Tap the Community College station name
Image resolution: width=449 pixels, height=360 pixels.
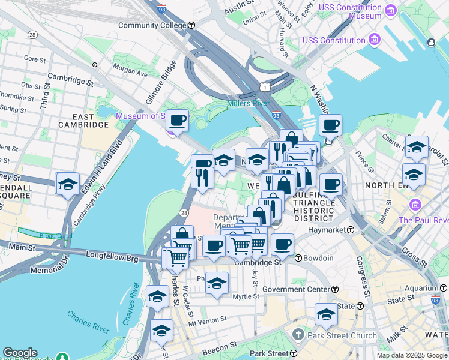tap(152, 25)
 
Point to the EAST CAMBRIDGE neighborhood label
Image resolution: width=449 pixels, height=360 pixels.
tap(84, 121)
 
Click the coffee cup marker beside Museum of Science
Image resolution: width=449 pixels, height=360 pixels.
tap(177, 120)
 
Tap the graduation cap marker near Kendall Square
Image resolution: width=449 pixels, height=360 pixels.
tap(68, 184)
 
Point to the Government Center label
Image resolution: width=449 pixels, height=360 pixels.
tap(296, 289)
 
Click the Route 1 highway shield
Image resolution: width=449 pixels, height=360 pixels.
tap(264, 88)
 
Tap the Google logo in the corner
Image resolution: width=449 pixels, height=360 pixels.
tap(20, 353)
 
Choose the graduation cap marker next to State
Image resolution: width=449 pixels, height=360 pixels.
tap(326, 314)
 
